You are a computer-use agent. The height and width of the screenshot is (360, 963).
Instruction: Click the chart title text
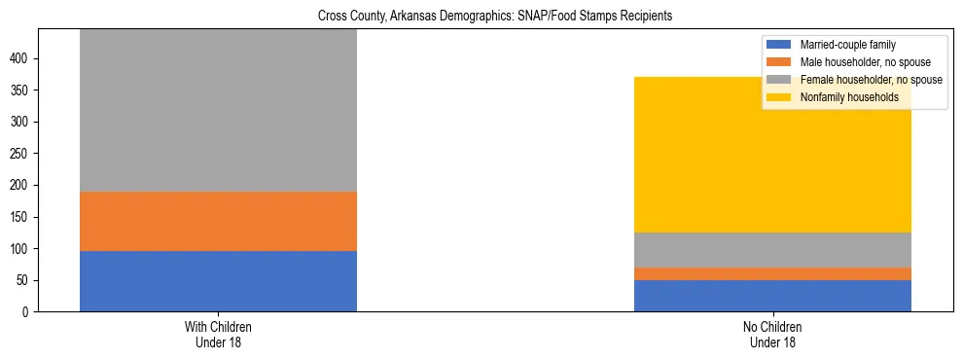pos(495,17)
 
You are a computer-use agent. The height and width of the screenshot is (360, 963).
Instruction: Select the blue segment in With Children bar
pos(218,281)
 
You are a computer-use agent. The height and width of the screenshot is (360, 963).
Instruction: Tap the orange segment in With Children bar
pos(218,221)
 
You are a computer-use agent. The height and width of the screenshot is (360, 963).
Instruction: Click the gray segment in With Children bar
pos(218,110)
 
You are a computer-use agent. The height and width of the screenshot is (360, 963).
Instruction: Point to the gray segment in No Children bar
pos(772,250)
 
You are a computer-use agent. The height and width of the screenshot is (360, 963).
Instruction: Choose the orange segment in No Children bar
pos(772,273)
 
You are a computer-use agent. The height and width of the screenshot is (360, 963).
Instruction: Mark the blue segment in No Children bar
pos(772,296)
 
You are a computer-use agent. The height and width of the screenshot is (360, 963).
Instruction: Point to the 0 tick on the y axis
pos(27,312)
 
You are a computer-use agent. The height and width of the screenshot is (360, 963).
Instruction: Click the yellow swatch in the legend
pos(780,97)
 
